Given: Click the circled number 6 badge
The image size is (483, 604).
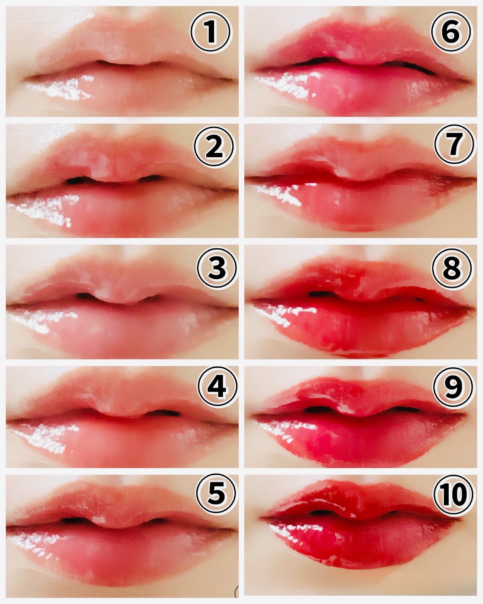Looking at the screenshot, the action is pos(451,32).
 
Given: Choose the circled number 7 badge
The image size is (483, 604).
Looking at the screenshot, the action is pos(454,144).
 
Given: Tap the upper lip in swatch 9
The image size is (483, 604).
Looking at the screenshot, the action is pos(359,395).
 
